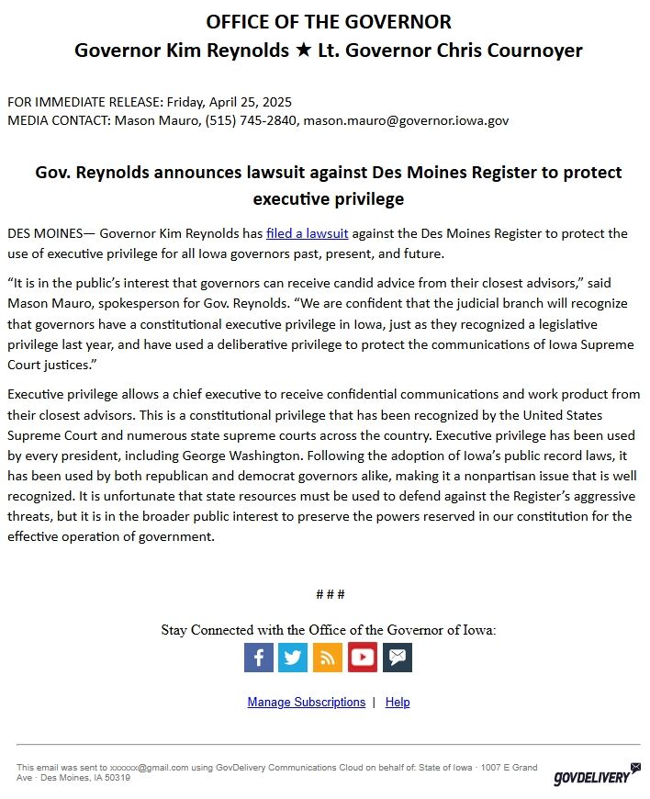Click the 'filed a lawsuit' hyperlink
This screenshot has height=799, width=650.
coord(307,233)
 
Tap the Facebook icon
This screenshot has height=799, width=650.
coord(259,658)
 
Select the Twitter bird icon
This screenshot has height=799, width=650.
coord(293,658)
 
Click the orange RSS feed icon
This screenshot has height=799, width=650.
coord(327,658)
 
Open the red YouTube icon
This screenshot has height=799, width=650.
coord(362,658)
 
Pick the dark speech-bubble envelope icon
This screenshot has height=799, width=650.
coord(397,658)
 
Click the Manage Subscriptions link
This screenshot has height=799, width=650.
coord(307,702)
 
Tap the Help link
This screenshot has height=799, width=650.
coord(398,702)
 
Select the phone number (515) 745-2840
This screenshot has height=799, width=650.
coord(247,120)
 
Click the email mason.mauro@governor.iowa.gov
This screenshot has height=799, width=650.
coord(406,120)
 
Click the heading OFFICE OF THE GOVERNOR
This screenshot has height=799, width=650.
coord(329,22)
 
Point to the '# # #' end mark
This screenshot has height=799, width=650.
coord(330,594)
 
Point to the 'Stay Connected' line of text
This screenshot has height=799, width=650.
coord(329,630)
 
